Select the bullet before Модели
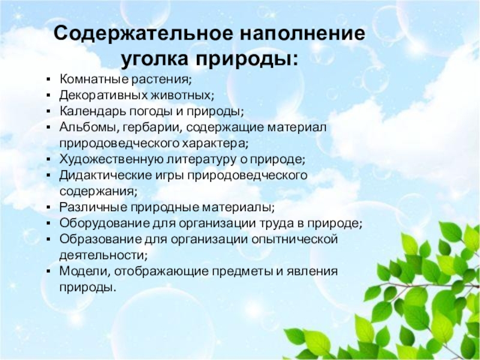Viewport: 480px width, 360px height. (48, 271)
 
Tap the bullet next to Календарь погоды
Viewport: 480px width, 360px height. (48, 112)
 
